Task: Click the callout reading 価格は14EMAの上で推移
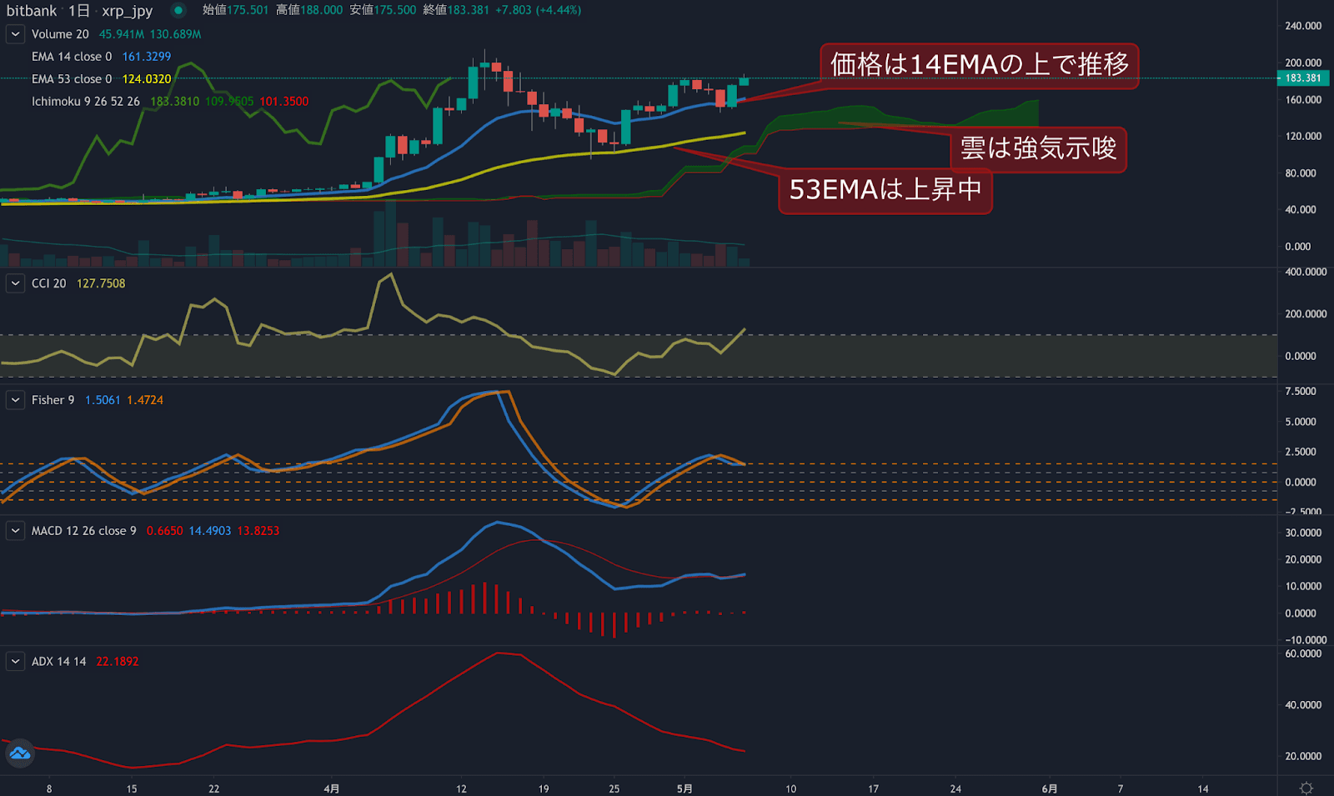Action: [x=979, y=65]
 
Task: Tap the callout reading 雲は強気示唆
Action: [x=1038, y=149]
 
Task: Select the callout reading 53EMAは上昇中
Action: [x=885, y=190]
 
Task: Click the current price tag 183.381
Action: [x=1302, y=78]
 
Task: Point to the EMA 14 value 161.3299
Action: [x=146, y=57]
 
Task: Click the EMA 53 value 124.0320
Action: [x=146, y=79]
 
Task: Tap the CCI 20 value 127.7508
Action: [x=101, y=283]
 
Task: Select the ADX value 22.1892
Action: [x=117, y=662]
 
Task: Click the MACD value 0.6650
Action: [x=164, y=531]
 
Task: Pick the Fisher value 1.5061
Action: [x=103, y=400]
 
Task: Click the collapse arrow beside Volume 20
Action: [x=15, y=34]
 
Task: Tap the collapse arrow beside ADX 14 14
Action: [x=15, y=662]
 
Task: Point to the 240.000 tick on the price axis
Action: [x=1303, y=26]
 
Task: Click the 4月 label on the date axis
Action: [x=332, y=788]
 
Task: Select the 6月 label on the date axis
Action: [x=1050, y=788]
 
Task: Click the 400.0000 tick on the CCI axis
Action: [x=1306, y=273]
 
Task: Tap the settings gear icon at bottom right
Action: [x=1306, y=788]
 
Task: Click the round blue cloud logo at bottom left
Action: [x=19, y=753]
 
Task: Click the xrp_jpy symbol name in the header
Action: [x=127, y=11]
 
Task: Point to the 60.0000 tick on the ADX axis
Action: [x=1303, y=654]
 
